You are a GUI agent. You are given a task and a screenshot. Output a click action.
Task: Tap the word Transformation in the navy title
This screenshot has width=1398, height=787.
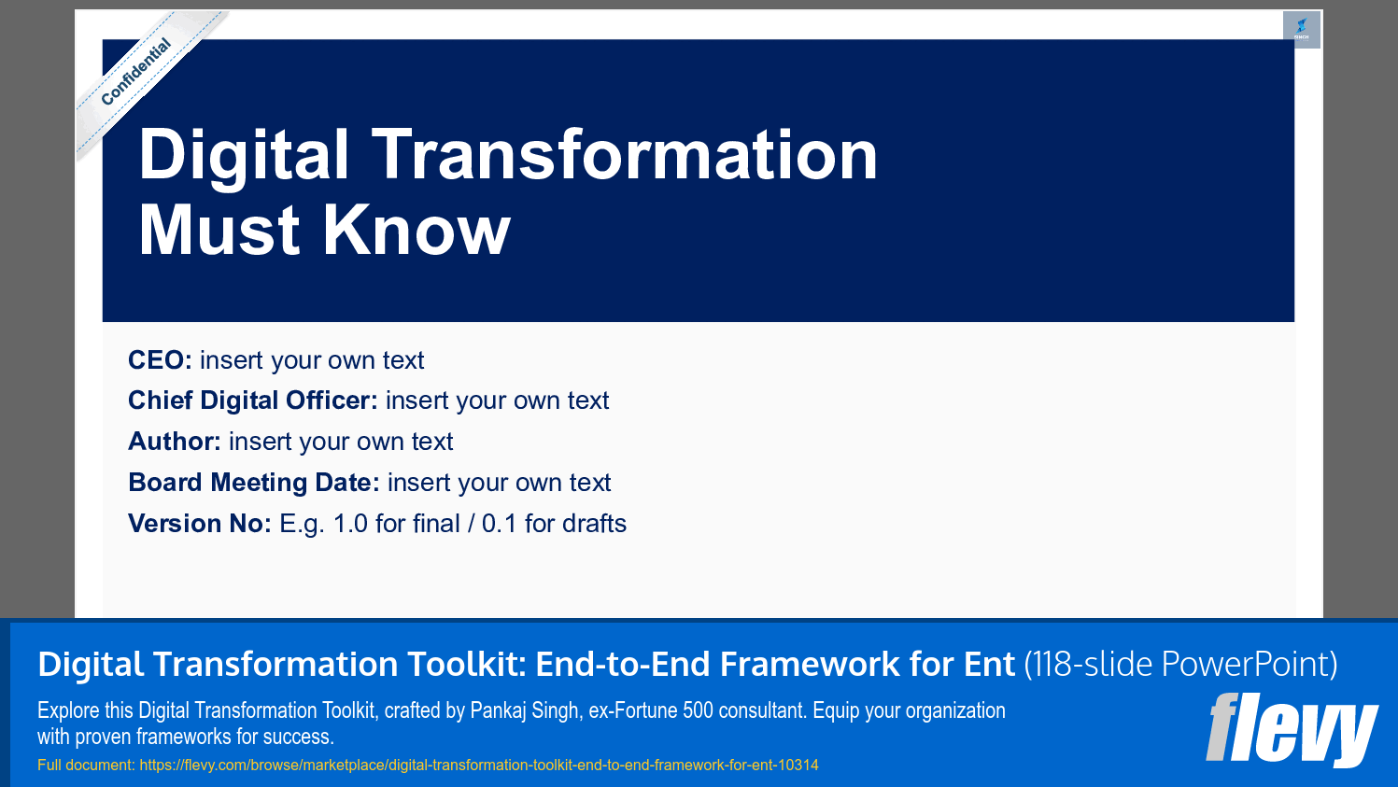coord(625,156)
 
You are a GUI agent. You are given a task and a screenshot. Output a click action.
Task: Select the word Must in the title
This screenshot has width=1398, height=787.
coord(219,231)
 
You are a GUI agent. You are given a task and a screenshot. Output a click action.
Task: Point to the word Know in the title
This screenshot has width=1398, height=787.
coord(417,231)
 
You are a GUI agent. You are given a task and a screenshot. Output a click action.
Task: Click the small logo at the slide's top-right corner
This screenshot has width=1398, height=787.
coord(1301,29)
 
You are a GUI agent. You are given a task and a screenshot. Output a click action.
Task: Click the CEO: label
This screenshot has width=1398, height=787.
coord(160,360)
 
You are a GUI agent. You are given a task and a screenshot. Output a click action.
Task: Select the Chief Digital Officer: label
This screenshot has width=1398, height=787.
coord(252,401)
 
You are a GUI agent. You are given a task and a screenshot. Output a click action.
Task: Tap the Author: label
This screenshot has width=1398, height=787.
coord(174,442)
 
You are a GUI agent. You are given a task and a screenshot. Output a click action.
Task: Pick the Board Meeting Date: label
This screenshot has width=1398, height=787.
coord(253,483)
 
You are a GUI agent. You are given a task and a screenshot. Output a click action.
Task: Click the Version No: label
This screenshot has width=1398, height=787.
coord(199,524)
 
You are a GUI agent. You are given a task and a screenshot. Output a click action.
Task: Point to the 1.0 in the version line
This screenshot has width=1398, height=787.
coord(350,524)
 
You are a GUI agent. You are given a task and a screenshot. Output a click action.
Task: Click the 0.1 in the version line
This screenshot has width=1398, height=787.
coord(499,524)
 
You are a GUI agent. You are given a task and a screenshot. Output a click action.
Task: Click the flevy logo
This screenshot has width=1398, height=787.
coord(1292,729)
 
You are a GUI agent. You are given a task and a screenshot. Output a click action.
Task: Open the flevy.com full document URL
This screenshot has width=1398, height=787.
coord(478,766)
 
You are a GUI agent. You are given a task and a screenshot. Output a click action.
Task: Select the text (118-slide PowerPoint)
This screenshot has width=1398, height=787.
coord(1180,665)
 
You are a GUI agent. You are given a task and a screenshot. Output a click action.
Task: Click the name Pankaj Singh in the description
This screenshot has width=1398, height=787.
coord(524,710)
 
